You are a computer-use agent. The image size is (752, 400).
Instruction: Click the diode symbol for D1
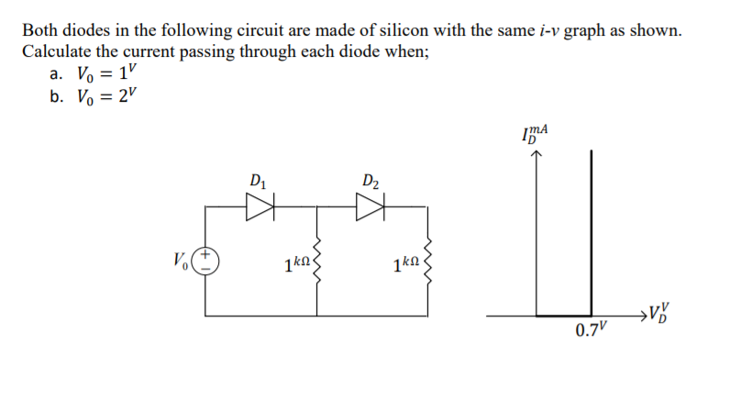(x=260, y=208)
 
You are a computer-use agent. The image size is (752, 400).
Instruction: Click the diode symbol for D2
(x=370, y=208)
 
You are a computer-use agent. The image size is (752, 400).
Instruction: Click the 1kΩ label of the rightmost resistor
(x=404, y=266)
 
